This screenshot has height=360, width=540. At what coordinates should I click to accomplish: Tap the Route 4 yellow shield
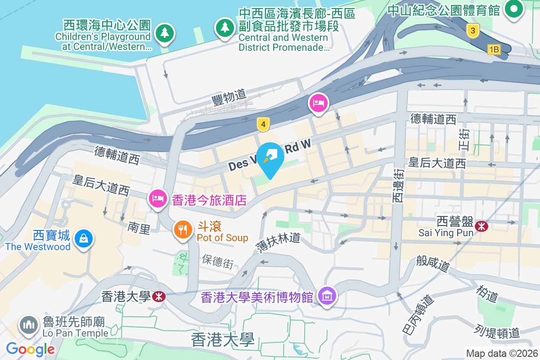[x=263, y=124]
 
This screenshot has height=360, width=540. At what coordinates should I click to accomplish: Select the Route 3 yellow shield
[x=472, y=31]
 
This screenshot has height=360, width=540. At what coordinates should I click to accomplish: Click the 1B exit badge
[x=494, y=49]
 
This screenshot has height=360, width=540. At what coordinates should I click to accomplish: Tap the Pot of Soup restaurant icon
[x=183, y=230]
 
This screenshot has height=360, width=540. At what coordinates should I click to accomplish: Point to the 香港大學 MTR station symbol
[x=158, y=296]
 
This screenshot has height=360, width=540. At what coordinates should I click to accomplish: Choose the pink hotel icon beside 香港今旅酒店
[x=157, y=198]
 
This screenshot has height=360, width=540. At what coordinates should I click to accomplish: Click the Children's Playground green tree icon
[x=165, y=33]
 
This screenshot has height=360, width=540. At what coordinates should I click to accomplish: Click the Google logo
[x=30, y=349]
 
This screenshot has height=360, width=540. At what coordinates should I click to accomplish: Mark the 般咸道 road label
[x=433, y=263]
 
